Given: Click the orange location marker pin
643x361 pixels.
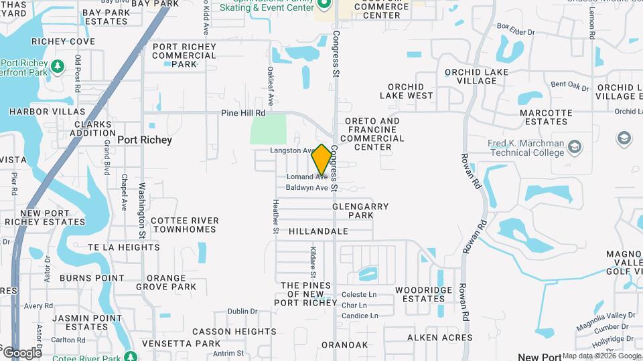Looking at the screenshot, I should (321, 160).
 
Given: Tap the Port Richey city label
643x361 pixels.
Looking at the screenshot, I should (145, 140).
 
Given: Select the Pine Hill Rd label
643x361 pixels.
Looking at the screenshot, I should (243, 114).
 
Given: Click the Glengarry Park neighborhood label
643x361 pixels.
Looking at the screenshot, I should (360, 211).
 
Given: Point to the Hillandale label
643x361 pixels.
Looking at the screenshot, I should (319, 231).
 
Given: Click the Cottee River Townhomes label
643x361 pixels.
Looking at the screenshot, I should (185, 225).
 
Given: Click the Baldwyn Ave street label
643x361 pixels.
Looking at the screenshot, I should (307, 188).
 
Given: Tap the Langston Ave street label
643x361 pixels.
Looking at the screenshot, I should (292, 151).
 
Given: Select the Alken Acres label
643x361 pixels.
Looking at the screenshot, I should (439, 338).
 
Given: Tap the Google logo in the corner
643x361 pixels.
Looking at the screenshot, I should (21, 352).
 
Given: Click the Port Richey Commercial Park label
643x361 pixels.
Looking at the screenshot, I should (184, 55).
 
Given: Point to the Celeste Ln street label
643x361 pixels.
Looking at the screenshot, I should (359, 295).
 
